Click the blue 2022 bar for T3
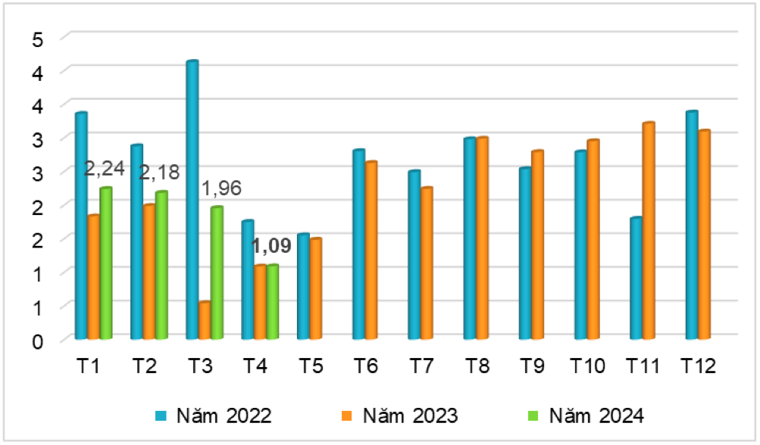click(x=192, y=200)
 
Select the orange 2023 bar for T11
click(x=648, y=231)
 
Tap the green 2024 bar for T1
click(x=105, y=263)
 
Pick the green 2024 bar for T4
click(x=272, y=301)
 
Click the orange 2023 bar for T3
click(x=205, y=320)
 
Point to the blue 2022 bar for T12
click(x=691, y=225)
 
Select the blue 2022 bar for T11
click(x=636, y=278)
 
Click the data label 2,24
click(x=104, y=168)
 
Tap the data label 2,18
click(x=159, y=173)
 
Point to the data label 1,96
click(x=220, y=188)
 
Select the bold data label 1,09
click(x=271, y=246)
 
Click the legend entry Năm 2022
click(x=213, y=415)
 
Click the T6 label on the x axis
click(x=366, y=366)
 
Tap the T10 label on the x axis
click(x=587, y=366)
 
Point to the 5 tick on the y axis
click(x=36, y=39)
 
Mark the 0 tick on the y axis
click(x=36, y=340)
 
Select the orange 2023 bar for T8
click(x=481, y=238)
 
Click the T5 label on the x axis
click(x=311, y=366)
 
